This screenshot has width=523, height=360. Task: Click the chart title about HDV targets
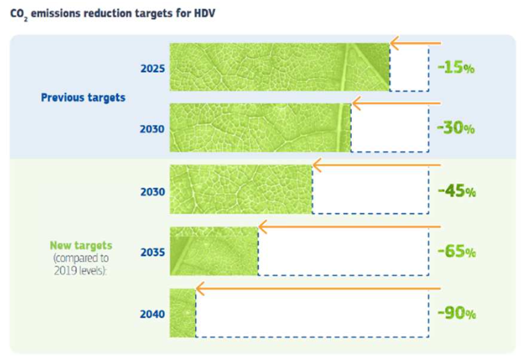[x=113, y=14]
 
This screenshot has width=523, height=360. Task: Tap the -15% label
[x=456, y=67]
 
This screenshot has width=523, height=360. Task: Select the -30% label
[x=456, y=128]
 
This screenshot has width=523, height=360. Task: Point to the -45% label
[x=457, y=191]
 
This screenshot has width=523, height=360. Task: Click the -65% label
[x=457, y=251]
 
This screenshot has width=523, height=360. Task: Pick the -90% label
[x=457, y=313]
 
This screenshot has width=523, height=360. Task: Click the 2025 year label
[x=153, y=69]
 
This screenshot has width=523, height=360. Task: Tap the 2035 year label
[x=153, y=253]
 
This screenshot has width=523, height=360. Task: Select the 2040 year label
[x=152, y=314]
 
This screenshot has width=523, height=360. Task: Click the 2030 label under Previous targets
[x=152, y=129]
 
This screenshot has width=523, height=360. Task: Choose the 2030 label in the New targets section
[x=153, y=192]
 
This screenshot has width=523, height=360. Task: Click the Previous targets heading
[x=83, y=98]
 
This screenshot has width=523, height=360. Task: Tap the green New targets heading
[x=81, y=245]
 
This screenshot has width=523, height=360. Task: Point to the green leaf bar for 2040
[x=183, y=313]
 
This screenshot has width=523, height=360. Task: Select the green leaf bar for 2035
[x=214, y=251]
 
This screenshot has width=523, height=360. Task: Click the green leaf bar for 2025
[x=280, y=67]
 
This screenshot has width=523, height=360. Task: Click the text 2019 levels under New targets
[x=80, y=270]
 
